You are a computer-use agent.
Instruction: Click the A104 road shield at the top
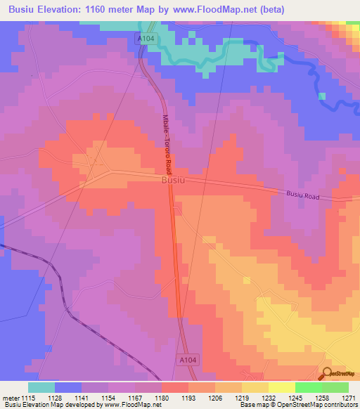pyautogui.click(x=145, y=39)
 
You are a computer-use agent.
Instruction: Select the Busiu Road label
pyautogui.click(x=303, y=196)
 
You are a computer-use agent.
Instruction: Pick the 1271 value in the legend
pyautogui.click(x=348, y=397)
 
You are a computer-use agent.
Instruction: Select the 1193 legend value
pyautogui.click(x=188, y=397)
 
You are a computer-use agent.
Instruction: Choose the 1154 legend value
pyautogui.click(x=108, y=397)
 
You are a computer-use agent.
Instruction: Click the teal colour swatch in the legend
pyautogui.click(x=41, y=387)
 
